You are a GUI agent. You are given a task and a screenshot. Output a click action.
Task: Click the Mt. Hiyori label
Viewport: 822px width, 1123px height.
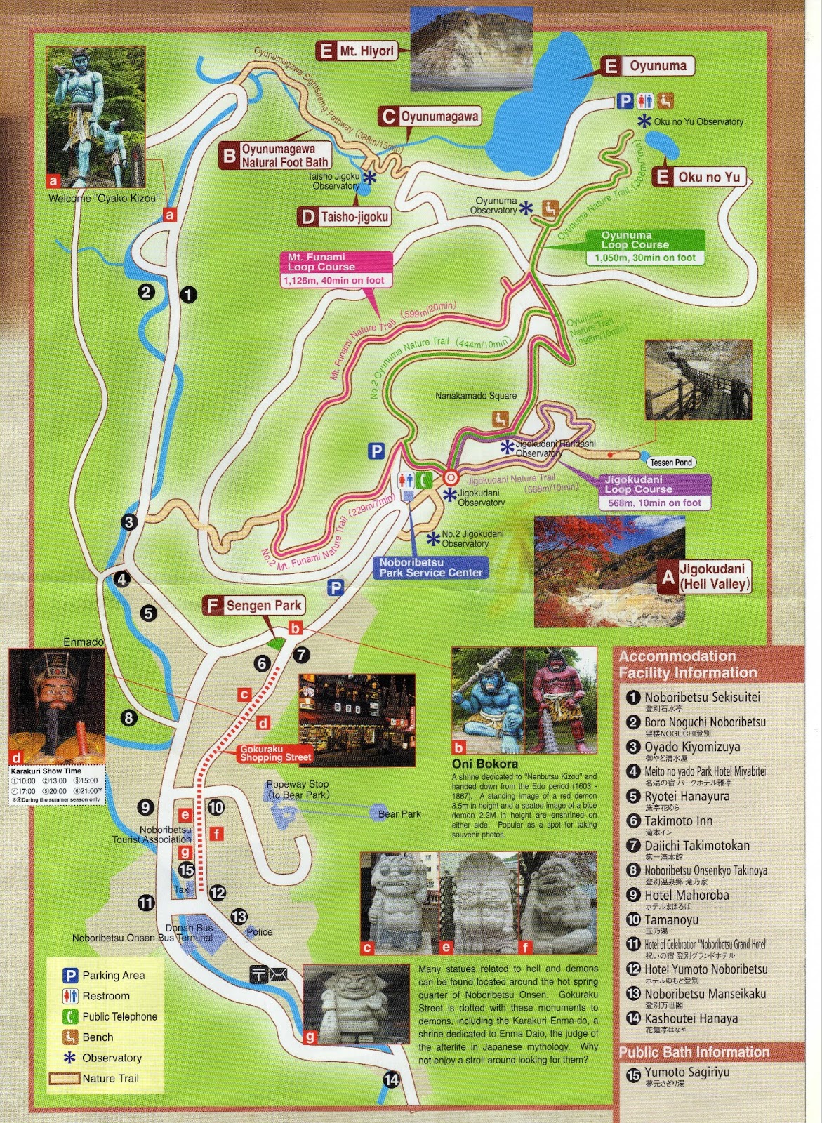coord(357,51)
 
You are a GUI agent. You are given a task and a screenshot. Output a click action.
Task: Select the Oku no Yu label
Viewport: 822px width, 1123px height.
coord(698,177)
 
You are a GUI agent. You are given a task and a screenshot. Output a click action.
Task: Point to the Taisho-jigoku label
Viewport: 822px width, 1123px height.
coord(344,217)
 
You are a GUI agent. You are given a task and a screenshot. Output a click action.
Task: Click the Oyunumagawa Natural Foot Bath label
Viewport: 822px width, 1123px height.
coord(274,156)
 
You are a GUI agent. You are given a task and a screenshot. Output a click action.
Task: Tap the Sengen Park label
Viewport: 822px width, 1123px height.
coord(253,606)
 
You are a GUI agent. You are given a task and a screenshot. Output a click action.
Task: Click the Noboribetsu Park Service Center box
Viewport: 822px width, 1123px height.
coord(430,567)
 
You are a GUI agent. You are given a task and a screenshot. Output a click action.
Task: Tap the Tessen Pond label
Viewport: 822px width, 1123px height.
coord(671,463)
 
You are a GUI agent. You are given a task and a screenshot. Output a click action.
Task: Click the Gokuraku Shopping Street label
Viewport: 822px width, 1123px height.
coord(275,754)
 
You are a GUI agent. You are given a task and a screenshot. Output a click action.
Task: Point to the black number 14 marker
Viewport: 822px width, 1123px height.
coord(391,1079)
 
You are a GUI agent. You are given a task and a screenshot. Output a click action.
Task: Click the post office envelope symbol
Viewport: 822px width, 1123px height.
coord(277,974)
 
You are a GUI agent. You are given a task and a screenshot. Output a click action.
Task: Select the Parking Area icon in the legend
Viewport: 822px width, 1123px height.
coord(70,975)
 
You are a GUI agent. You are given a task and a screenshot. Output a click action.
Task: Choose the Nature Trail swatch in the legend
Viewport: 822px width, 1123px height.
coord(63,1079)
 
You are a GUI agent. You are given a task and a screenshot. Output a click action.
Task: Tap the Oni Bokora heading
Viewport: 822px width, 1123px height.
coord(485,764)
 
